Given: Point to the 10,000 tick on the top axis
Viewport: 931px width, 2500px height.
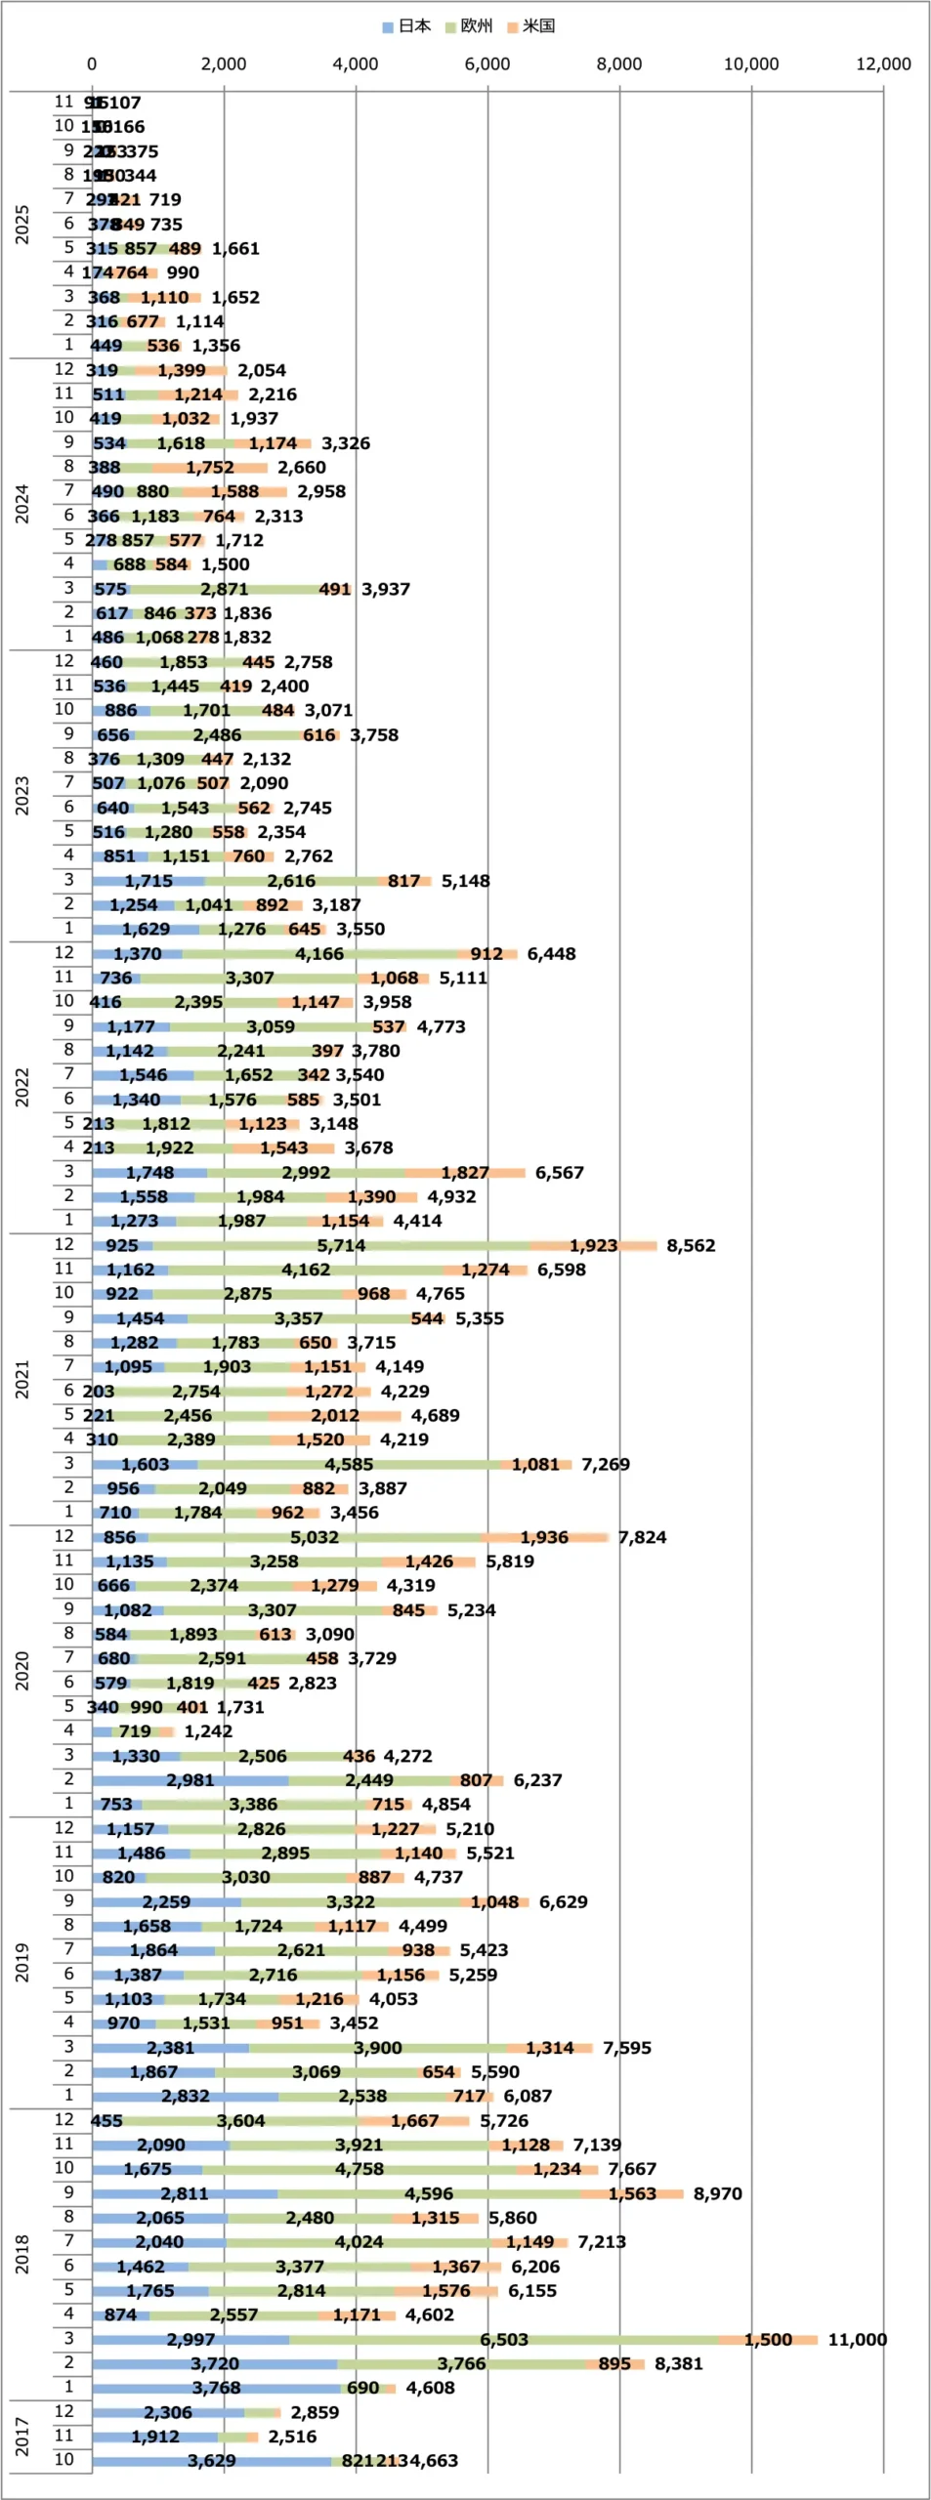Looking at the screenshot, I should (750, 64).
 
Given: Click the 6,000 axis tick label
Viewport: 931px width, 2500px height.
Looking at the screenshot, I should (487, 64).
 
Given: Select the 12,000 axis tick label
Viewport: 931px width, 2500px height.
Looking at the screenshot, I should (882, 64).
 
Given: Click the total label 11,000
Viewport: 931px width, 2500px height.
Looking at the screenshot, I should (857, 2340).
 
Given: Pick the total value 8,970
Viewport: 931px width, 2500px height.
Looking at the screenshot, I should (717, 2193).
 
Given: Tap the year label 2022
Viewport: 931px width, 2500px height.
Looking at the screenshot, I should (22, 1087).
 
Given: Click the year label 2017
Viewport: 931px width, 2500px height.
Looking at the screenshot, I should (22, 2437).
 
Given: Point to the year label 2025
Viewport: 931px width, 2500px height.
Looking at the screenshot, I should (22, 225).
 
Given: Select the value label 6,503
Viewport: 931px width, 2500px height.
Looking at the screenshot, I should (504, 2340).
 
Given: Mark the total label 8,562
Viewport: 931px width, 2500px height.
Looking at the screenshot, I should (691, 1246).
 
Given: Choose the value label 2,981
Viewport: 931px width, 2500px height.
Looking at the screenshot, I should (190, 1780).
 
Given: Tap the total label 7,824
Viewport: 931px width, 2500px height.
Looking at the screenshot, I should (642, 1537).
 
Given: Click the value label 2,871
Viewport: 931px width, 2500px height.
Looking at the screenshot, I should (225, 590).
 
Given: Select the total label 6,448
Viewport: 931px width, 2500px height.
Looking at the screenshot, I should (551, 954).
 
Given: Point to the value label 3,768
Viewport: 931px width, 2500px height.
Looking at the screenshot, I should (216, 2388).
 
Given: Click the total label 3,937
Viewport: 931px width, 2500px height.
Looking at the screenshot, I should (386, 590).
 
